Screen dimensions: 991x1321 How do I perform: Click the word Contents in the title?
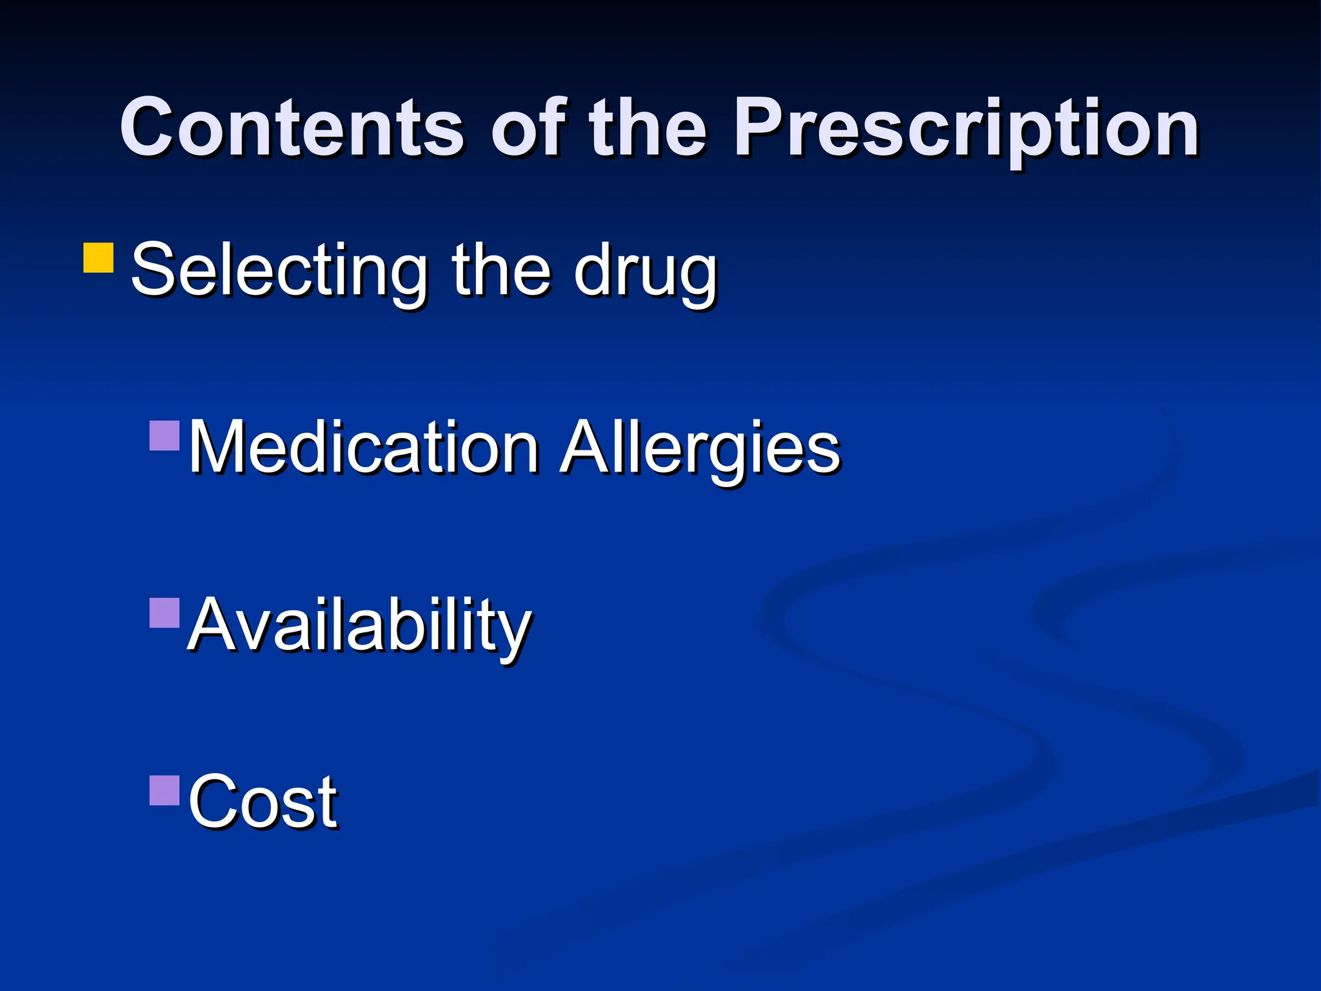click(292, 127)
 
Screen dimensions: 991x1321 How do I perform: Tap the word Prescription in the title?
click(966, 129)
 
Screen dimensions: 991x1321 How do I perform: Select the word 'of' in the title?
click(528, 127)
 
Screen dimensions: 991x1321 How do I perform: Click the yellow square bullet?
click(99, 258)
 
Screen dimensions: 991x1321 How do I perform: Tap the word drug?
click(645, 271)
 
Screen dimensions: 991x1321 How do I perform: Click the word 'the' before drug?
click(501, 270)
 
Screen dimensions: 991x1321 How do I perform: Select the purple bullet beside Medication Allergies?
click(164, 435)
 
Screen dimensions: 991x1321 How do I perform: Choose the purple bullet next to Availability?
click(164, 613)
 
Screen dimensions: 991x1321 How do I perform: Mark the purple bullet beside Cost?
click(164, 790)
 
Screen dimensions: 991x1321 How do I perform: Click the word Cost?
click(263, 801)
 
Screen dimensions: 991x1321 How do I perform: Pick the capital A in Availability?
click(213, 625)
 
